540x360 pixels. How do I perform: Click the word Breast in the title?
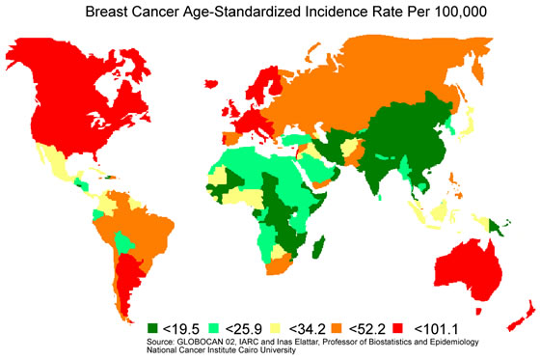[113, 12]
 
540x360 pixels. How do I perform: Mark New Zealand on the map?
[521, 309]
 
